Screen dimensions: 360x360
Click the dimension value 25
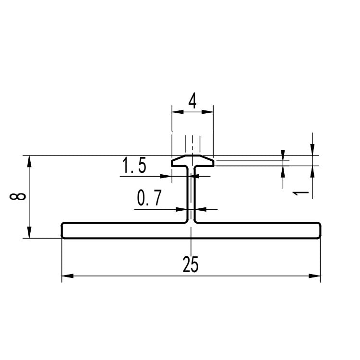tap(191, 264)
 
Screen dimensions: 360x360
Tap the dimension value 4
tap(192, 101)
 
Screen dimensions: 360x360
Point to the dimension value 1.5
tap(134, 165)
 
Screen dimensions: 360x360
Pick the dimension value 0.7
tap(149, 197)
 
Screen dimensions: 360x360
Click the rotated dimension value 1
tap(300, 193)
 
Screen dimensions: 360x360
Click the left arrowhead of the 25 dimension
tap(68, 276)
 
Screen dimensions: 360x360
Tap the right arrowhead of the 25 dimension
tap(314, 276)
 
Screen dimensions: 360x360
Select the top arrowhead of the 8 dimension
tap(29, 161)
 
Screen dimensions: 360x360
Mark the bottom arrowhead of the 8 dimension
tap(29, 232)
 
